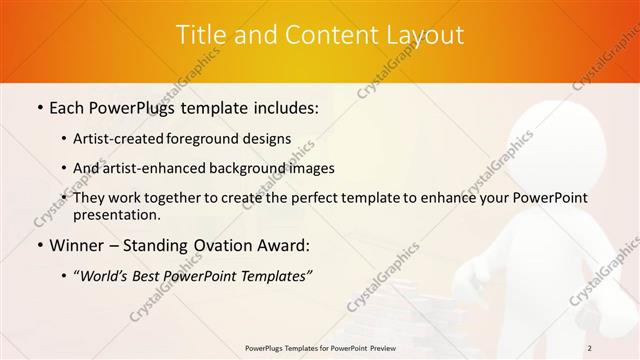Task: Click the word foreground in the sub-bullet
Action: pos(216,139)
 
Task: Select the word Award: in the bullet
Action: pos(285,246)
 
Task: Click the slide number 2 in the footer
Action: pos(590,347)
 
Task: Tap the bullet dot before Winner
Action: pos(37,246)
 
